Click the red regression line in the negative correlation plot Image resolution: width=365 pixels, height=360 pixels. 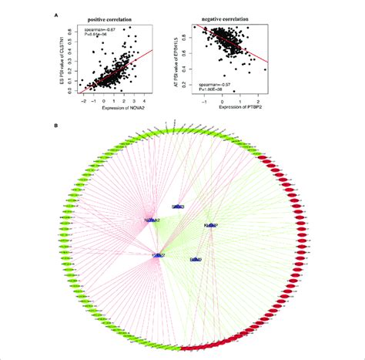point(246,54)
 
